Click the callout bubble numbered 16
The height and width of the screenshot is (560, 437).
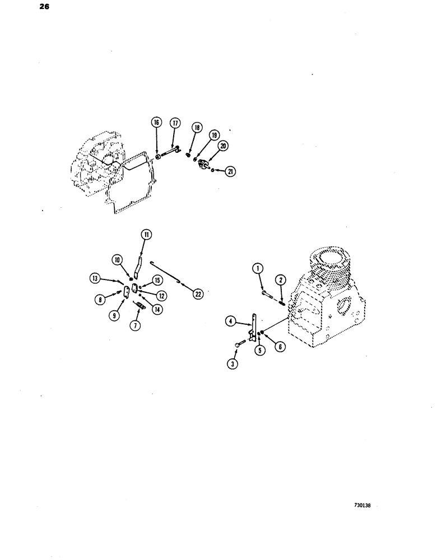coord(156,123)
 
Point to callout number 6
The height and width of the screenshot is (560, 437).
coord(281,347)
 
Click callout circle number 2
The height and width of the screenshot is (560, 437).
coord(280,279)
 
